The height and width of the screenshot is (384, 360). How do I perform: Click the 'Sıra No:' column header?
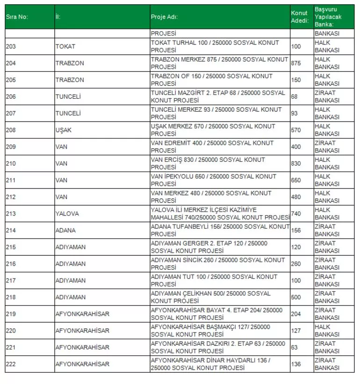click(17, 17)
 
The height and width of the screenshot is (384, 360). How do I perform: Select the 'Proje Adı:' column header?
click(164, 17)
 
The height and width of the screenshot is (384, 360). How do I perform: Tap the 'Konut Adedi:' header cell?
click(299, 17)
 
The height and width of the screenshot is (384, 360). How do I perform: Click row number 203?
click(11, 46)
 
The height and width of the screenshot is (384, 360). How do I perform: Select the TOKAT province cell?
click(65, 46)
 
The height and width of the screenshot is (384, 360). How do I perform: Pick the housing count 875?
click(296, 63)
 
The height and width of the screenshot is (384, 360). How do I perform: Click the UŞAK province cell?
click(64, 130)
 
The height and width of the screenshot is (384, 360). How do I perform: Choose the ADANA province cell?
click(65, 231)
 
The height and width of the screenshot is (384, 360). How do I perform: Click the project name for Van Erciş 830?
click(208, 163)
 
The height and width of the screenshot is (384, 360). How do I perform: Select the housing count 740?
click(296, 213)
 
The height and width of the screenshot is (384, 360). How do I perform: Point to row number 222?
click(11, 364)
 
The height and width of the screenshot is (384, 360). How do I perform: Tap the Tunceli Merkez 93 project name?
click(216, 113)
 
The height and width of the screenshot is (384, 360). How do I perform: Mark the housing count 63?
click(294, 348)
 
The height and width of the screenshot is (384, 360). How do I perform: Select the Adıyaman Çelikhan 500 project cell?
click(210, 297)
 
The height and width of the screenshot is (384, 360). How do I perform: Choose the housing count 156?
click(296, 231)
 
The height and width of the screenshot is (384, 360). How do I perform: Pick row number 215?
click(11, 247)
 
